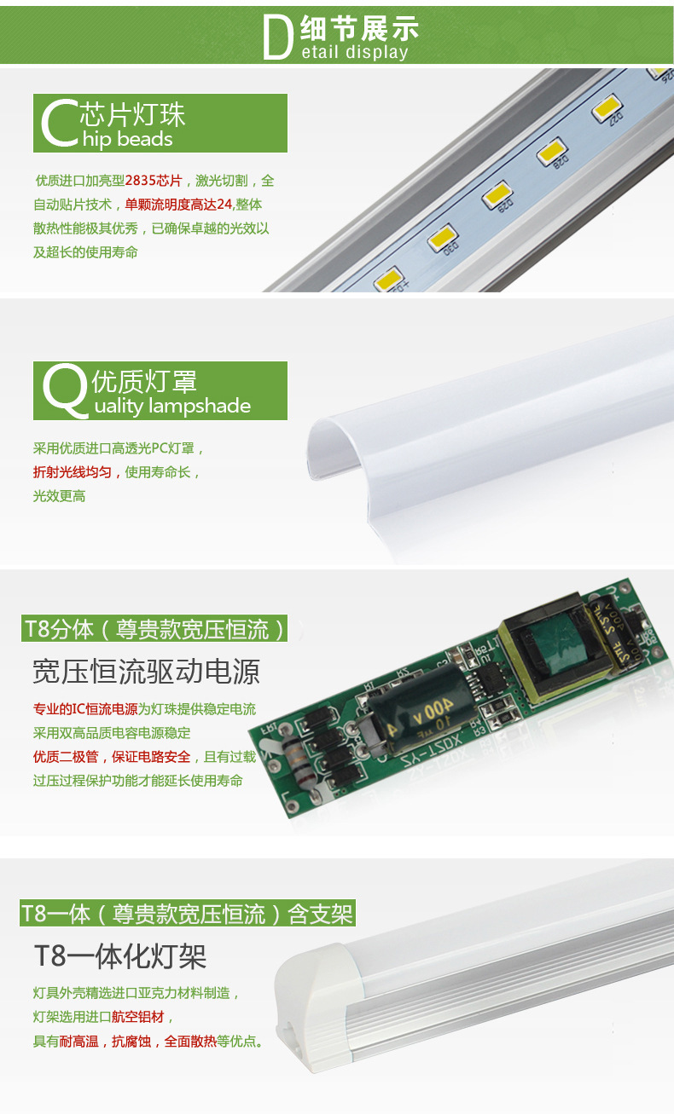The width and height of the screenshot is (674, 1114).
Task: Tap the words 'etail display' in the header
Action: [x=355, y=53]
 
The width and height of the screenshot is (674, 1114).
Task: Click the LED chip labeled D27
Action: [x=607, y=109]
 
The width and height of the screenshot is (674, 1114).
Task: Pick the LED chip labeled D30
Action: [x=444, y=240]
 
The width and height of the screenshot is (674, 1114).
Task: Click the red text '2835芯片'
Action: [x=154, y=181]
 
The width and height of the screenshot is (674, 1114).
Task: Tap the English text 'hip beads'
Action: [x=128, y=140]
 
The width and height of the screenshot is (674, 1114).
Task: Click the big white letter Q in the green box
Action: [x=64, y=390]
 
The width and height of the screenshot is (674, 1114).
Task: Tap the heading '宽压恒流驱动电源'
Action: [x=146, y=672]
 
